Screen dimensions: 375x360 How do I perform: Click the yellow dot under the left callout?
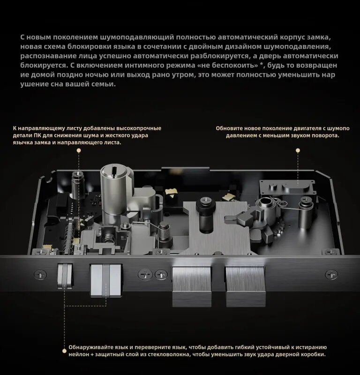[x=79, y=151]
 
